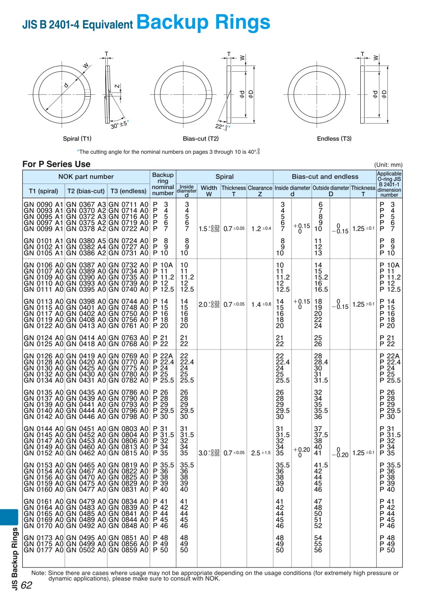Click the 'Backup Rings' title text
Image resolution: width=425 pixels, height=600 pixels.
tap(203, 22)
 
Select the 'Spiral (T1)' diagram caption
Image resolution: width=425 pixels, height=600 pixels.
tap(77, 139)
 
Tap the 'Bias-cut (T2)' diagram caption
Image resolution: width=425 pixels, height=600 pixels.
tap(201, 139)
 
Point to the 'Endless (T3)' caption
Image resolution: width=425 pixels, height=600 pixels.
tap(334, 139)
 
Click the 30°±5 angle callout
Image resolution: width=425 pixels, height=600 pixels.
tap(119, 125)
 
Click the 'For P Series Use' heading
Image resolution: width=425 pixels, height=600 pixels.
tap(56, 164)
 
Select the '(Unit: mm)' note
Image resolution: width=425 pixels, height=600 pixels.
tap(388, 165)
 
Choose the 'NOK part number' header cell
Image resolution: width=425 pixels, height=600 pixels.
tap(86, 176)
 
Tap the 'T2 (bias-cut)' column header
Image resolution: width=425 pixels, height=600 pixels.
tap(86, 191)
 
